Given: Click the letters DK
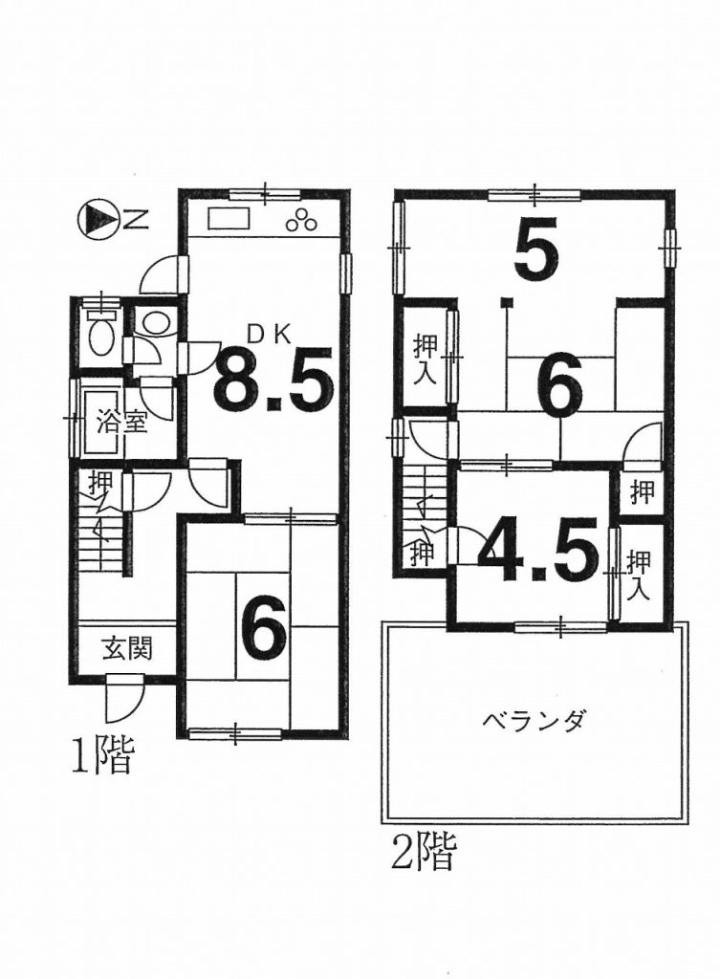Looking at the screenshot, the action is point(270,336).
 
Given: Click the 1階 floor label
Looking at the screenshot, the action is point(102,756).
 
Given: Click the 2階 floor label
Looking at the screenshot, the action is point(425,852).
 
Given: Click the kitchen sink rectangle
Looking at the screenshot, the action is point(229,221).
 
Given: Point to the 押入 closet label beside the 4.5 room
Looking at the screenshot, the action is point(638,575).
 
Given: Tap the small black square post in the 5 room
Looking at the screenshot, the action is point(508,303).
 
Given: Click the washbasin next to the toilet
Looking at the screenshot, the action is point(154,322).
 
